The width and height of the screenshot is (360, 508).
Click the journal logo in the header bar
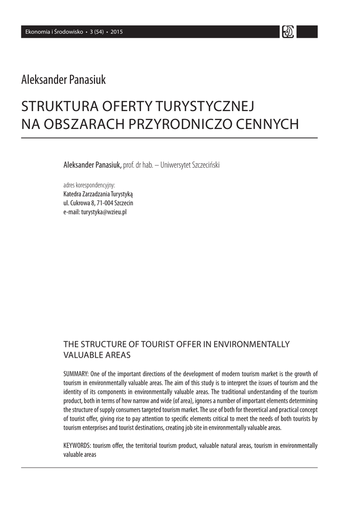click(x=288, y=32)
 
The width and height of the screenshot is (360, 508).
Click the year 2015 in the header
click(x=117, y=32)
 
